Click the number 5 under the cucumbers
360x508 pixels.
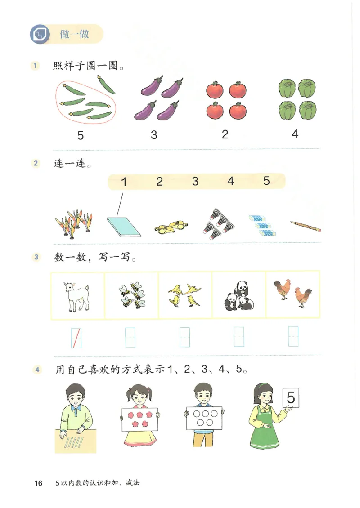pos(81,135)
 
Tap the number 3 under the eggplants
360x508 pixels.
pos(154,135)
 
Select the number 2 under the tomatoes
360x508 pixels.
pos(225,134)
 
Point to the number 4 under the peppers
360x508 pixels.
pos(295,134)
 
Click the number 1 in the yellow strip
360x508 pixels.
pos(124,182)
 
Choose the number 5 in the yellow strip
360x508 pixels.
pos(266,181)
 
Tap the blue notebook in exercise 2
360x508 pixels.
pos(123,226)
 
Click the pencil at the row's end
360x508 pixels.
pos(306,226)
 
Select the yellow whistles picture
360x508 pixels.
pos(171,227)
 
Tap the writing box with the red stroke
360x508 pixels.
pos(76,338)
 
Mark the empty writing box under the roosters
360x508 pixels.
pos(293,337)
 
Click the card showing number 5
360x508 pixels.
pos(291,398)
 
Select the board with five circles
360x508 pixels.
pos(204,418)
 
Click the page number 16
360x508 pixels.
pos(38,483)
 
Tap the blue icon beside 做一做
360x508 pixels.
pos(40,34)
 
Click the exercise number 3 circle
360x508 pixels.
pos(36,258)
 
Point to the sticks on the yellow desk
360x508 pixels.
pos(74,443)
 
